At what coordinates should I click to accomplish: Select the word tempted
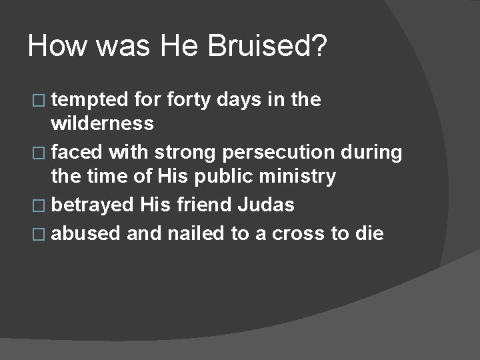[89, 101]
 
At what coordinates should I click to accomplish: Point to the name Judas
[267, 205]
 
